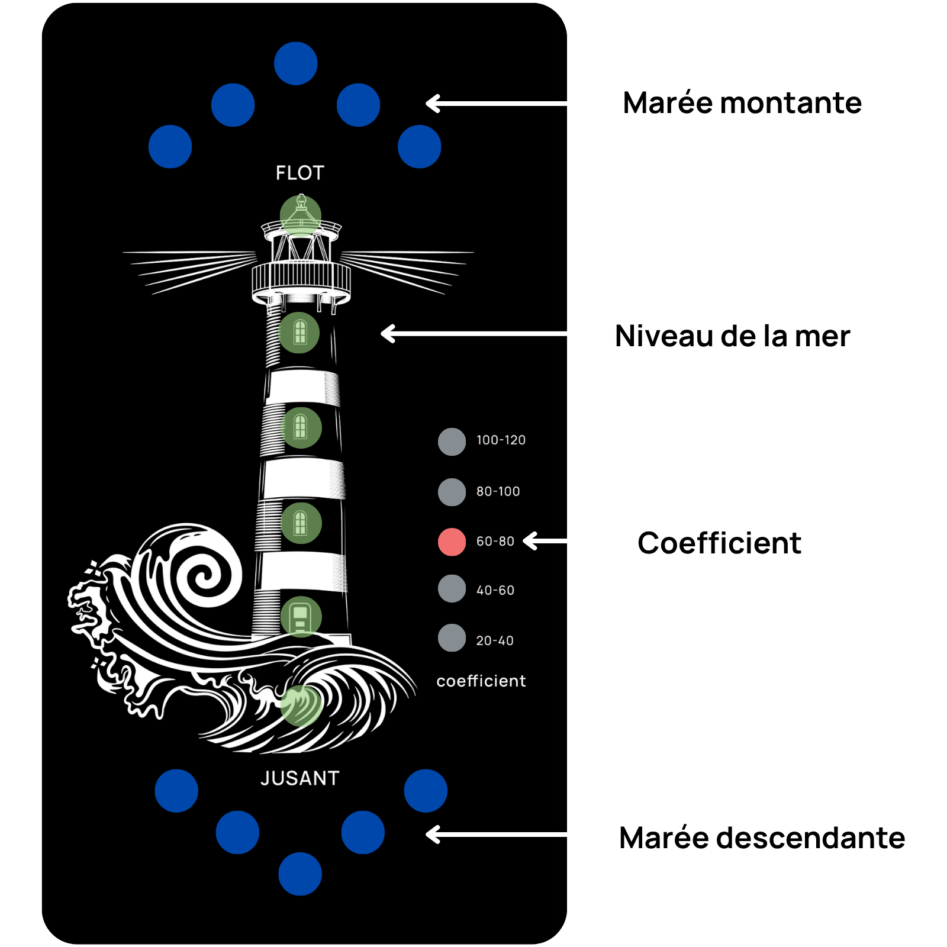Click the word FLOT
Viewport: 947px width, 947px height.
click(x=300, y=173)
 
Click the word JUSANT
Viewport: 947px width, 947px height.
click(x=300, y=778)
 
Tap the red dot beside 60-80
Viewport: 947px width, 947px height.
click(x=452, y=542)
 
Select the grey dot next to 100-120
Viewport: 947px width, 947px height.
click(x=452, y=442)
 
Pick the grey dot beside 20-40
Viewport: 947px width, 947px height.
click(x=452, y=637)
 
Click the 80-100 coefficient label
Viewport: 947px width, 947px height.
click(x=498, y=491)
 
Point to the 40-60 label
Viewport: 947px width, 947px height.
click(x=495, y=590)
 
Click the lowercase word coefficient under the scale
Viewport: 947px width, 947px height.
click(x=481, y=681)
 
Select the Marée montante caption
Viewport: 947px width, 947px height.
click(x=742, y=103)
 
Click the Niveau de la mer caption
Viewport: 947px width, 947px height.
click(x=733, y=336)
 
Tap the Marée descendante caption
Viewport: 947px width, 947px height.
click(x=762, y=838)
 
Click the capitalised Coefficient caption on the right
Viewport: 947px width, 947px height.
click(x=719, y=543)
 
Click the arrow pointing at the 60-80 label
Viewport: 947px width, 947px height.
click(x=545, y=541)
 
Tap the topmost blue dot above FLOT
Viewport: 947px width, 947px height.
click(x=296, y=63)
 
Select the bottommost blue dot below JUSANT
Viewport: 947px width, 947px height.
click(x=300, y=874)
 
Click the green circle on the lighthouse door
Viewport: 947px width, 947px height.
click(x=301, y=617)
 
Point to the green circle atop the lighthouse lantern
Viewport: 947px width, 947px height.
click(x=301, y=216)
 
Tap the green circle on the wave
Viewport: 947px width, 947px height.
click(x=301, y=706)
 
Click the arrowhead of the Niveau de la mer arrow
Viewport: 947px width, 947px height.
click(x=388, y=334)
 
